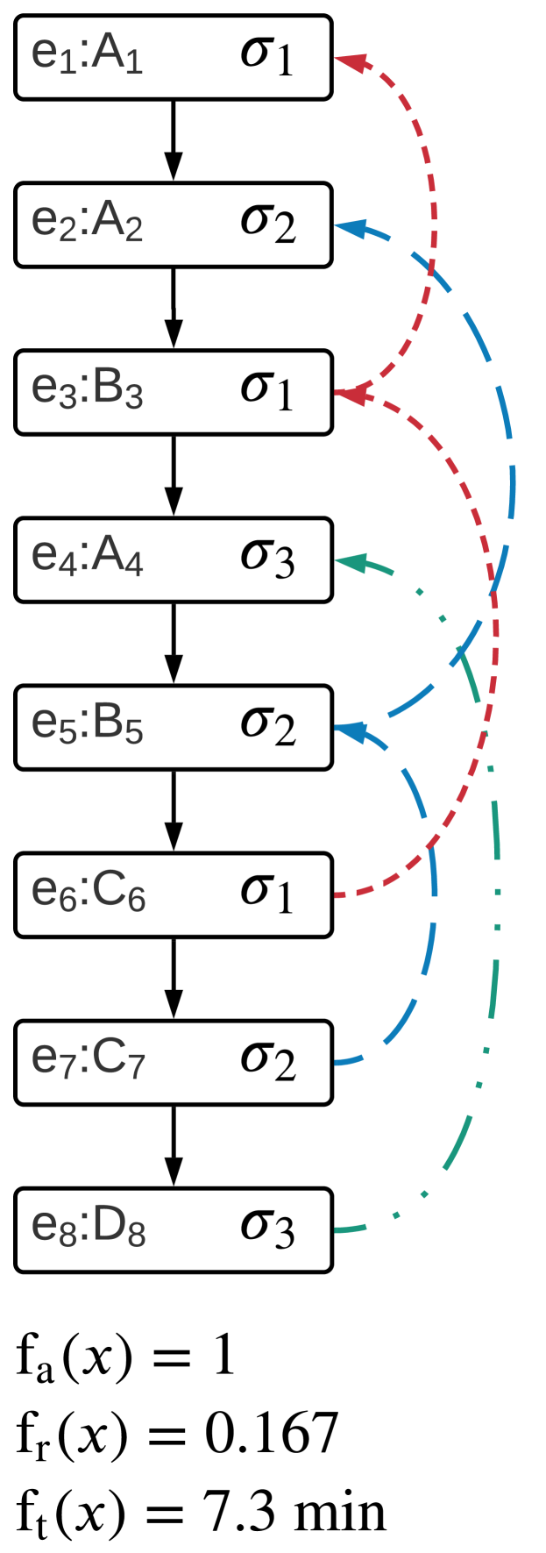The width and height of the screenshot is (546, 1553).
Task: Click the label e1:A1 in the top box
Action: [87, 56]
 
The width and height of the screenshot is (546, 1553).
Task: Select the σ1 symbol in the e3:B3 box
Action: [267, 391]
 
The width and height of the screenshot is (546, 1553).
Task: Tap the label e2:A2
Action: [87, 224]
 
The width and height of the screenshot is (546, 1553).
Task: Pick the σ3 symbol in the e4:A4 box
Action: [267, 559]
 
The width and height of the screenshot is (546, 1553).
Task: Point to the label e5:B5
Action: [87, 726]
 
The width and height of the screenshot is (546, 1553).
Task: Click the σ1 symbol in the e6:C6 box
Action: [267, 894]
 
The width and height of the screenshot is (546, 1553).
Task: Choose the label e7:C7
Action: [87, 1061]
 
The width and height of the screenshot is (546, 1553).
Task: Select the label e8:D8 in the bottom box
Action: [87, 1229]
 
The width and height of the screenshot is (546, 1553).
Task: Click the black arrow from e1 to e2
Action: [174, 140]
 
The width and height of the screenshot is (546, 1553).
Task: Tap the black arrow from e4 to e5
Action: [174, 643]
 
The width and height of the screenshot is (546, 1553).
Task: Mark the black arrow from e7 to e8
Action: [174, 1145]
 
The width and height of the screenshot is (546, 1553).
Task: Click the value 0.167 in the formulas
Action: [271, 1434]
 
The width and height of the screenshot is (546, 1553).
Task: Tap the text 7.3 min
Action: [294, 1512]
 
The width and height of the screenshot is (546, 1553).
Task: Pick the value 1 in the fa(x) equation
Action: [223, 1356]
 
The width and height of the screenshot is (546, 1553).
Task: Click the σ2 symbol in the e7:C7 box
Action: [267, 1061]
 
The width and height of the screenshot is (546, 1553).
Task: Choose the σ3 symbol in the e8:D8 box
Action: [267, 1229]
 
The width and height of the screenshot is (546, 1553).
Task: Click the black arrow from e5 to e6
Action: [174, 810]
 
